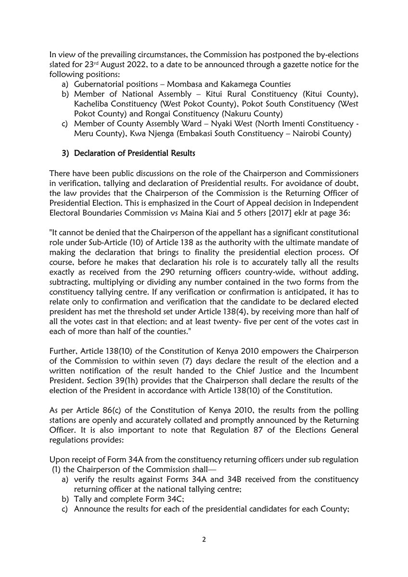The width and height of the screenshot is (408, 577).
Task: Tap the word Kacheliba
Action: pyautogui.click(x=92, y=104)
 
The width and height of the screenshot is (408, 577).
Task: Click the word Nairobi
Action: pyautogui.click(x=311, y=135)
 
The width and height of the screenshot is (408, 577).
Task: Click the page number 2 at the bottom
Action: pyautogui.click(x=204, y=539)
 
